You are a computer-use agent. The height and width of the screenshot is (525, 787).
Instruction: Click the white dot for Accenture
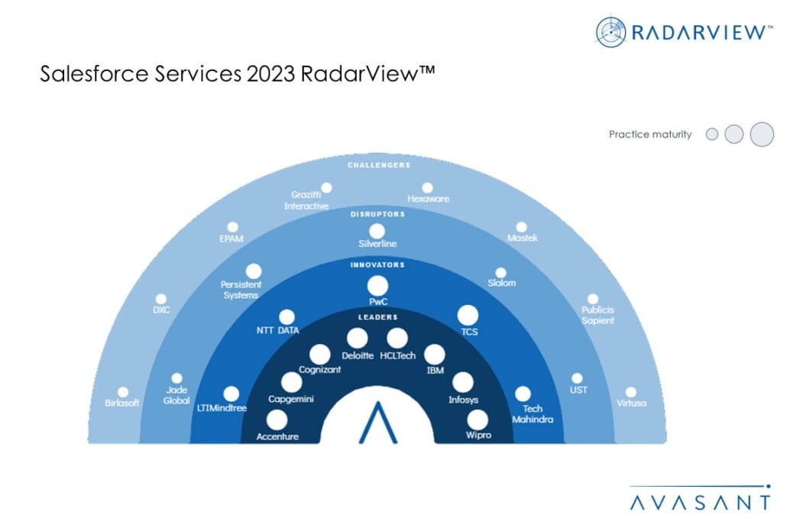277,420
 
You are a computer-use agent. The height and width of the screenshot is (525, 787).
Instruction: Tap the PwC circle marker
377,286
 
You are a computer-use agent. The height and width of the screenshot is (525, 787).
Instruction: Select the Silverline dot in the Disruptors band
377,232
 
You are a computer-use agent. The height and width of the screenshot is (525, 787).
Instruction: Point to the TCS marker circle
468,316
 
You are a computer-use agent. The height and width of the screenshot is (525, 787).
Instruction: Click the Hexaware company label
428,199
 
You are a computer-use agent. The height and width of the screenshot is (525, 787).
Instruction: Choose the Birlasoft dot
123,392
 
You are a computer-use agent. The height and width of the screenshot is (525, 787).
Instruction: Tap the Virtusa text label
631,403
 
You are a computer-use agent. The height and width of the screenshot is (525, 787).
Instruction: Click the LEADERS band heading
378,317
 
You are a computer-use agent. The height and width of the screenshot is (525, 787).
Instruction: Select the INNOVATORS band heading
377,265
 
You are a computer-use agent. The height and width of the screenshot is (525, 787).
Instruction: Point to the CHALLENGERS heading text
379,165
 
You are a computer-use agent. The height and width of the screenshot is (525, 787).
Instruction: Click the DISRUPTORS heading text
377,214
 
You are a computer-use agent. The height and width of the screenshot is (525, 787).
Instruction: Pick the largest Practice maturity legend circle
762,134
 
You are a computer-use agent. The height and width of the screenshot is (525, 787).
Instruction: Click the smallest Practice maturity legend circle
711,134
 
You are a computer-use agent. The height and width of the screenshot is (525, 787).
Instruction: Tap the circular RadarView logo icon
610,32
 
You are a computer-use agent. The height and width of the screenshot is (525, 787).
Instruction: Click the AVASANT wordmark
700,502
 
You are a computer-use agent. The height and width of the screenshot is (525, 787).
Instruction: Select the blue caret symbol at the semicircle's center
378,423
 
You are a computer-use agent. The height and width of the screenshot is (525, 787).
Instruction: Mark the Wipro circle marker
478,420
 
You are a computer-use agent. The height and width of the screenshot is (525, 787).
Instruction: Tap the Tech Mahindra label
533,414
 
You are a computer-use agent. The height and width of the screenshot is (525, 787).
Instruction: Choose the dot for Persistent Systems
254,271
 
